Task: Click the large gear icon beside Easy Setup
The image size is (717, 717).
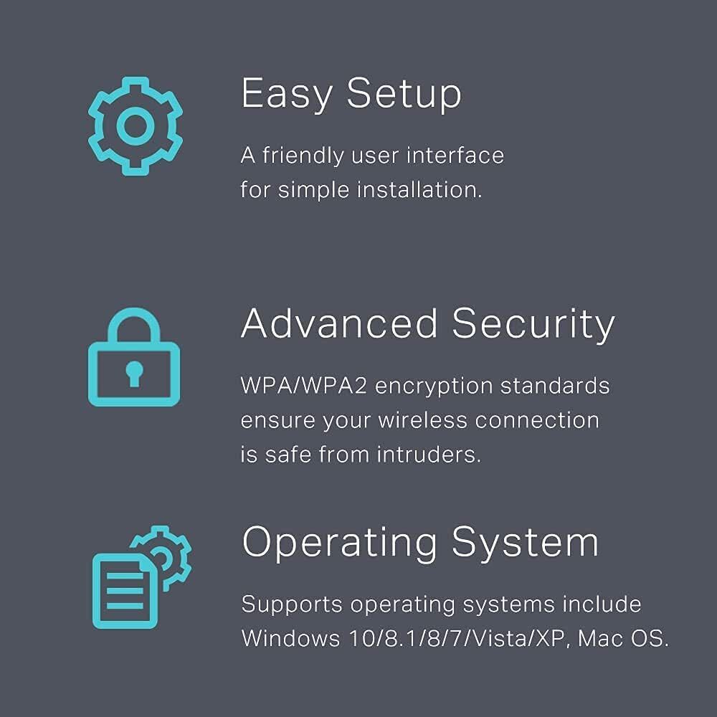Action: tap(104, 125)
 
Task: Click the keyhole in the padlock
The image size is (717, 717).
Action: tap(134, 374)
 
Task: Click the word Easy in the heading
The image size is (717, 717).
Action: tap(287, 94)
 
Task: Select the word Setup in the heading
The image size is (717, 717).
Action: tap(404, 94)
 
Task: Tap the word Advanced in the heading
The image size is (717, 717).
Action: tap(339, 323)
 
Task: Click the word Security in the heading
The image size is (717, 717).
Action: tap(533, 325)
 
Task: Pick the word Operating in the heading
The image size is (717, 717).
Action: tap(339, 543)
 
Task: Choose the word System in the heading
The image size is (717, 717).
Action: tap(525, 543)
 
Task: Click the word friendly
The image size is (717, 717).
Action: tap(303, 156)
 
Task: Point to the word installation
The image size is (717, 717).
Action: tap(419, 190)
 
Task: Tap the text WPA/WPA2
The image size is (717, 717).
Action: tap(303, 386)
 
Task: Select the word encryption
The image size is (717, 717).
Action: tap(434, 387)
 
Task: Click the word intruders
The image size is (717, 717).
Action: tap(429, 455)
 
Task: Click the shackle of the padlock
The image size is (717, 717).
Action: tap(133, 312)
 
